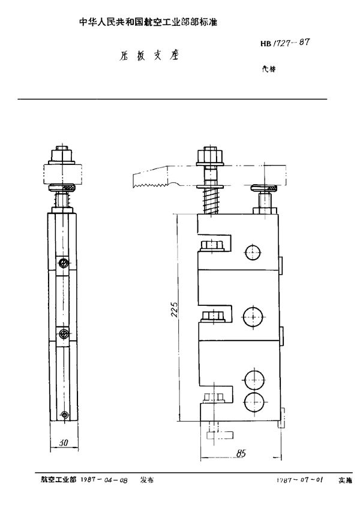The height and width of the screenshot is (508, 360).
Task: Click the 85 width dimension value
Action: [x=242, y=453]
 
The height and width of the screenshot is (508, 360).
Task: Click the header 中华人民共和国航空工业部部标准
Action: [x=148, y=22]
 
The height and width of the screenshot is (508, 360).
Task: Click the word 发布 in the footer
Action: [x=147, y=480]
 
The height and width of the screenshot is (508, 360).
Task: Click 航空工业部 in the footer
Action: [x=59, y=480]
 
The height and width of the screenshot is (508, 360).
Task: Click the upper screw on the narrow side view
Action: [x=62, y=263]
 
